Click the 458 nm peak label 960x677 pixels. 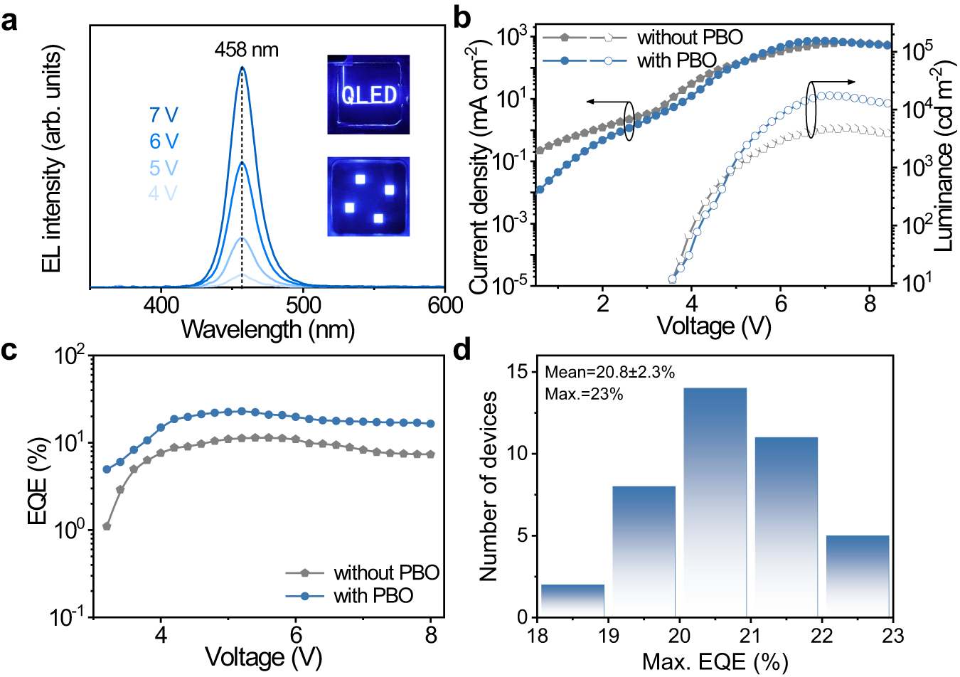point(246,50)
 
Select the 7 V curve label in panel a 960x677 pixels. point(164,115)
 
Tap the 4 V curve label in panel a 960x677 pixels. point(164,193)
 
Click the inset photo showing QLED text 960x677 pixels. point(368,95)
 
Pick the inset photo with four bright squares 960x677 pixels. point(368,196)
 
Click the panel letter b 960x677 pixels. point(462,17)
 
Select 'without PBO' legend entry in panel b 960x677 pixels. point(690,37)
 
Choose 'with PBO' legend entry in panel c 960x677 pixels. point(373,595)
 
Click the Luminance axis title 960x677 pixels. point(943,156)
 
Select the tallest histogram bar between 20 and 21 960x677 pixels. point(715,501)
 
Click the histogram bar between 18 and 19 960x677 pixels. point(572,600)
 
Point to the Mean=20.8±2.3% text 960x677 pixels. point(609,372)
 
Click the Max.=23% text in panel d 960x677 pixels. point(584,393)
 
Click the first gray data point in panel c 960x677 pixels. point(107,526)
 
